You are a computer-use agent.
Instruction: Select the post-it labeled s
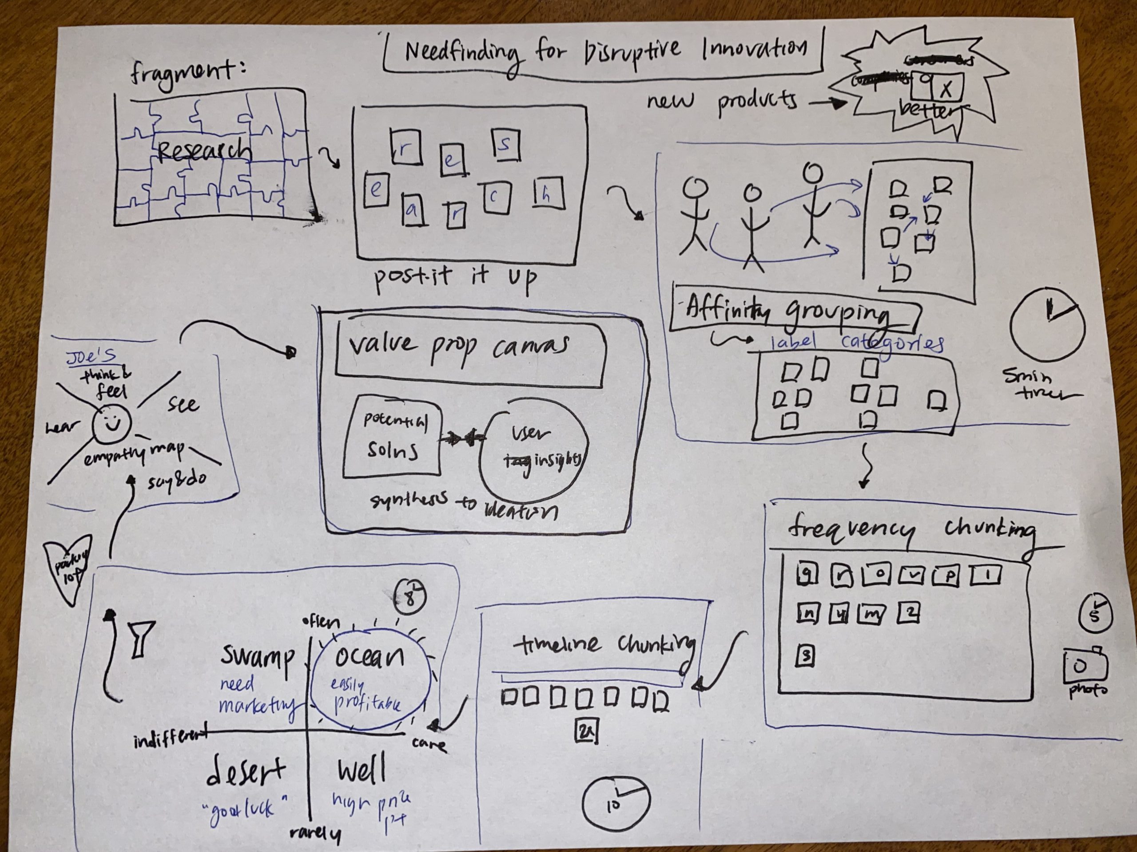click(505, 146)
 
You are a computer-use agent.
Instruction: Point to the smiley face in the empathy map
click(111, 424)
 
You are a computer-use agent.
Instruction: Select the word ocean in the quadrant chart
click(370, 657)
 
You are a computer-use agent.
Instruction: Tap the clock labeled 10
click(616, 803)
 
